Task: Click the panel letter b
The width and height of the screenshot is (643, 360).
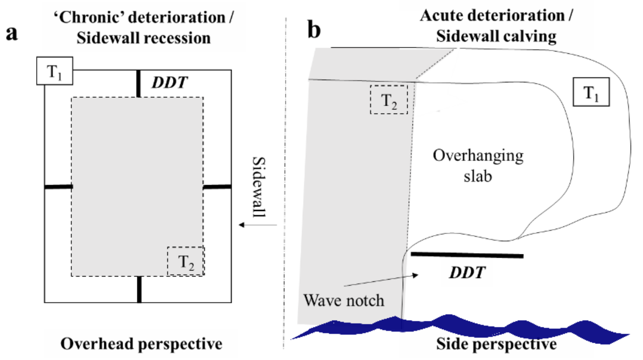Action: pyautogui.click(x=314, y=30)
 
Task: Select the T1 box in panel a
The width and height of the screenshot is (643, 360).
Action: pyautogui.click(x=55, y=71)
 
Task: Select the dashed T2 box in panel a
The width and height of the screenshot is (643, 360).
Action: pyautogui.click(x=186, y=261)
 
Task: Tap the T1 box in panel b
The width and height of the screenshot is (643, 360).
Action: pyautogui.click(x=591, y=92)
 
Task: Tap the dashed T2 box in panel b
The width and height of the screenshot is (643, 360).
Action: pyautogui.click(x=389, y=100)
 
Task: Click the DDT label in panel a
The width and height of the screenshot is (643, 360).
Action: pyautogui.click(x=169, y=82)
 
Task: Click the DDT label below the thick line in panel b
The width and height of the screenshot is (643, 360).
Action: pyautogui.click(x=467, y=273)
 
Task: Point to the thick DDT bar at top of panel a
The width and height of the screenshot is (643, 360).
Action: pyautogui.click(x=138, y=84)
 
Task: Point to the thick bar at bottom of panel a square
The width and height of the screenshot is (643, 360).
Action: pyautogui.click(x=139, y=289)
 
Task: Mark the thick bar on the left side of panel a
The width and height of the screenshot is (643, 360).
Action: pyautogui.click(x=58, y=187)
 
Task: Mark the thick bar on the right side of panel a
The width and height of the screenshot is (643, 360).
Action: pyautogui.click(x=217, y=187)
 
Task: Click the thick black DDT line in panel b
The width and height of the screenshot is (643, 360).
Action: pyautogui.click(x=467, y=255)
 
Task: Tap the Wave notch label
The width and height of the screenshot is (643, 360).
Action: pyautogui.click(x=344, y=300)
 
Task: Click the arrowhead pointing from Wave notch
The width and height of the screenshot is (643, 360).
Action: pyautogui.click(x=415, y=275)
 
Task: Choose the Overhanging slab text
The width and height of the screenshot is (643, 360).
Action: pyautogui.click(x=478, y=166)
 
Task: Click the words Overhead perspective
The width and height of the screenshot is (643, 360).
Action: pyautogui.click(x=141, y=344)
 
